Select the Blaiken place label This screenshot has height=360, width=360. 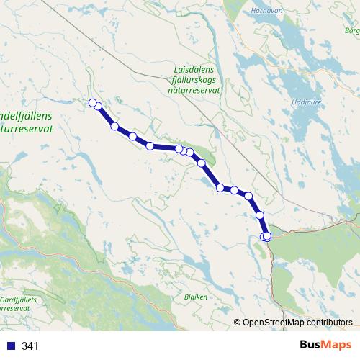195,296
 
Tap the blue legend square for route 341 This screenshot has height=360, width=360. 10,346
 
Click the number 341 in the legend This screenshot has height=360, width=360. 30,346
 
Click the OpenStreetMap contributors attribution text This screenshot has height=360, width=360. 297,322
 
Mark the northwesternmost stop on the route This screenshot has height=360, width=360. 92,103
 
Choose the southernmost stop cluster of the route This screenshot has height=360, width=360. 266,237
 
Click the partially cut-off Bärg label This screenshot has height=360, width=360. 352,32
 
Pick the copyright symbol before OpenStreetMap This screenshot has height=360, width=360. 238,323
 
